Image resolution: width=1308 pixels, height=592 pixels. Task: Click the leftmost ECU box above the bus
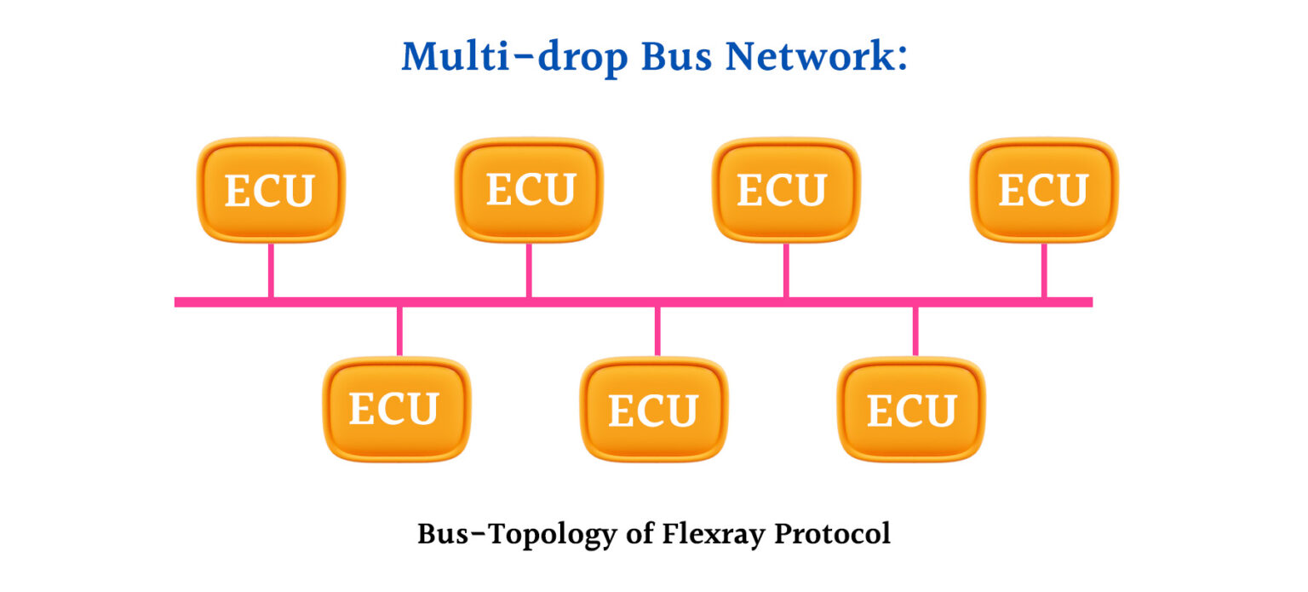click(x=271, y=190)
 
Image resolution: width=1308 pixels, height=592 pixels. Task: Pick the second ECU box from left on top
click(x=530, y=190)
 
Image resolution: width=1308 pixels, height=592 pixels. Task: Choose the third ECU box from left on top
click(x=786, y=190)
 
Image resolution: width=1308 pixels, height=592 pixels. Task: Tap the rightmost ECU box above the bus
click(x=1044, y=190)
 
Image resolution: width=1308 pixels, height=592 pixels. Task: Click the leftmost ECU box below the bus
click(x=397, y=409)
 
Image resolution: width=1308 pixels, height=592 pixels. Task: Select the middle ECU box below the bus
click(x=654, y=409)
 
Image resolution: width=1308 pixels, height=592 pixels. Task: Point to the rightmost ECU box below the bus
click(x=912, y=409)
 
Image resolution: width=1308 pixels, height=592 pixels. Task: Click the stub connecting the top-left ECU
click(x=271, y=270)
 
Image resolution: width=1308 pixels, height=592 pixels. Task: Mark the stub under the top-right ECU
click(x=1044, y=270)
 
